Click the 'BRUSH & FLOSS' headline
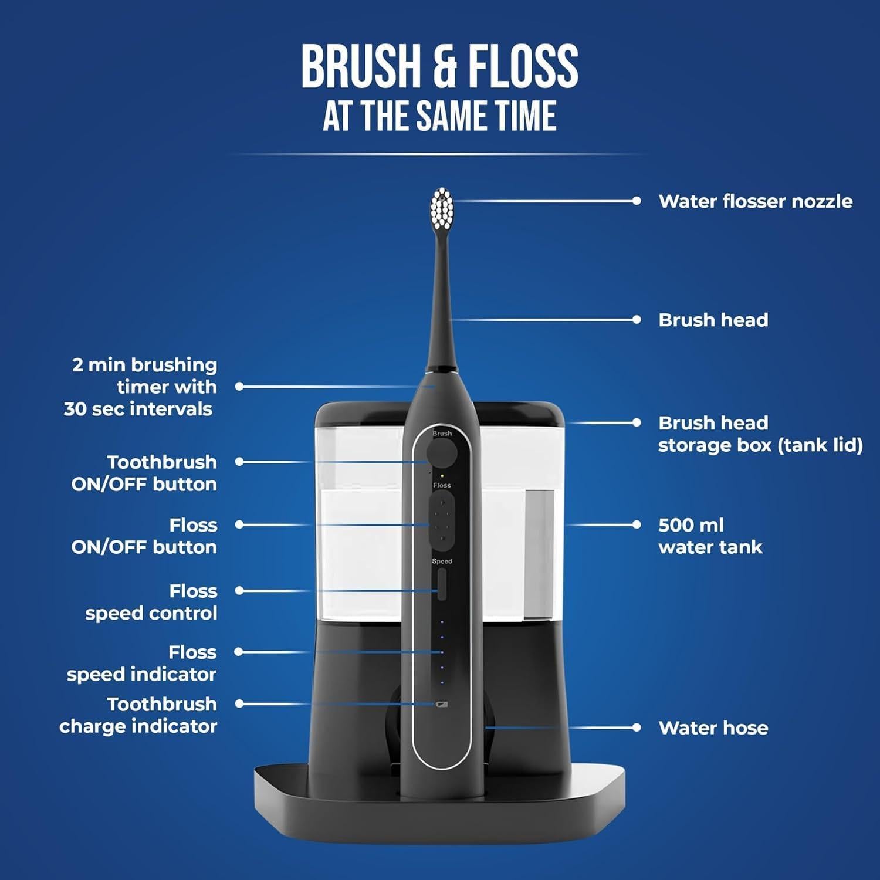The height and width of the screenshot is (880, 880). (439, 66)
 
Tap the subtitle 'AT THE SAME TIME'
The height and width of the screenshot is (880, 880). (439, 116)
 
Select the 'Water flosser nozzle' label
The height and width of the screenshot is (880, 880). (755, 201)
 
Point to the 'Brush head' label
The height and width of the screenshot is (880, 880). (713, 320)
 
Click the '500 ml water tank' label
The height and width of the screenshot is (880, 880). (710, 536)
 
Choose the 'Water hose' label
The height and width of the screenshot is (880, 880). (713, 727)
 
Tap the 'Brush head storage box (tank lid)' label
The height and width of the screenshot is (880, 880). (760, 434)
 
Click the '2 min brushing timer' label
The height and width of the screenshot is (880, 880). (141, 387)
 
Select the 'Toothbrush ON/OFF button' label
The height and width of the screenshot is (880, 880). (144, 473)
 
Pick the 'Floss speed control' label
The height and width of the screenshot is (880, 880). (151, 602)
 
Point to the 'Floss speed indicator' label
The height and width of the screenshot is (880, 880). (142, 663)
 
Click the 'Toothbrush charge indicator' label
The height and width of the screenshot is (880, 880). (138, 715)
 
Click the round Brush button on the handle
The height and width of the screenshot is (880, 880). (442, 453)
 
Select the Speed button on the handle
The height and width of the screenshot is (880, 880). (442, 584)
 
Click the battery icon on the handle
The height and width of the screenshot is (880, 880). (442, 704)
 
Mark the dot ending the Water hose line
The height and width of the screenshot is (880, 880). (637, 727)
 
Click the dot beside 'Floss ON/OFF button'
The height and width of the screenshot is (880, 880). (239, 524)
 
